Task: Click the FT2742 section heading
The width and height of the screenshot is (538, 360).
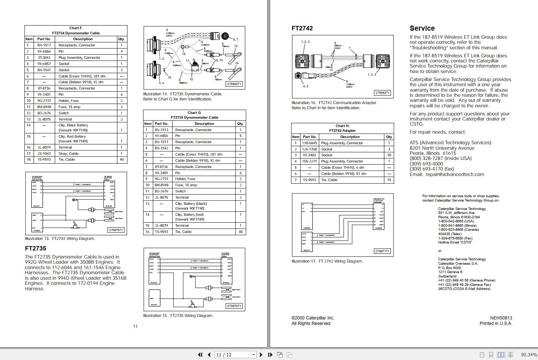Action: click(302, 28)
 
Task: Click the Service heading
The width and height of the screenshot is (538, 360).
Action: click(422, 28)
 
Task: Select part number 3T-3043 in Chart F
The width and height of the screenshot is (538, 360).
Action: click(44, 58)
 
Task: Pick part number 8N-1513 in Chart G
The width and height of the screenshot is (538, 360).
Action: click(161, 130)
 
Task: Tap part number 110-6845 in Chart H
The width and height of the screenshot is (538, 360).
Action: click(310, 143)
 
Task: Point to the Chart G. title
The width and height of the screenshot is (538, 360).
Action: click(194, 113)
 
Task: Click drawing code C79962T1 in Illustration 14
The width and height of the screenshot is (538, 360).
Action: click(234, 84)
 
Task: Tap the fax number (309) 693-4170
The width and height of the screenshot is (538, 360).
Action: click(432, 169)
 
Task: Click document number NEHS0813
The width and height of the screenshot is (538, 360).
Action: click(501, 318)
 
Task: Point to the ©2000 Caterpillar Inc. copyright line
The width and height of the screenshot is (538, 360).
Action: click(313, 318)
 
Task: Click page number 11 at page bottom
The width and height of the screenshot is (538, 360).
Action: click(135, 326)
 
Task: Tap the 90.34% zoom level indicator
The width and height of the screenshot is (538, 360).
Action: click(529, 355)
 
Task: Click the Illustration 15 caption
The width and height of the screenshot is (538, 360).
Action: click(178, 316)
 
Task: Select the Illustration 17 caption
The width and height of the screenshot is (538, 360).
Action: click(327, 261)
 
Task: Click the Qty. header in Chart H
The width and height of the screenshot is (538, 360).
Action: click(389, 137)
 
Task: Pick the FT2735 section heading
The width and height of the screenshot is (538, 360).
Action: click(35, 249)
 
